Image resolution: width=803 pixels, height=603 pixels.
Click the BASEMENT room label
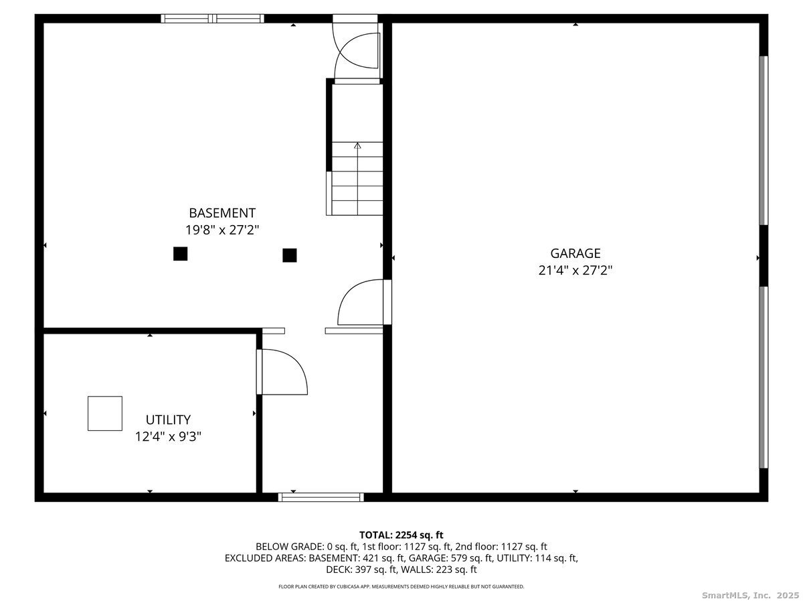[221, 213]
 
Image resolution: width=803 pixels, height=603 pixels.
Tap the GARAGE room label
[575, 253]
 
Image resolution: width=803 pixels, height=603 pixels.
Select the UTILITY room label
[168, 420]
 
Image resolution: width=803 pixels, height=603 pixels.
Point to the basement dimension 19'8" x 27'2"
[221, 230]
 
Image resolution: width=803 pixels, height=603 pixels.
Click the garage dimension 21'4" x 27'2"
[575, 270]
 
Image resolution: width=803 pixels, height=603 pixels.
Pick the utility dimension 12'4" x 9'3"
[168, 436]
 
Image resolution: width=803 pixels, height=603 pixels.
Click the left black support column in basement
[180, 253]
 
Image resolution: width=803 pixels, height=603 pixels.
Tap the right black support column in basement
[290, 255]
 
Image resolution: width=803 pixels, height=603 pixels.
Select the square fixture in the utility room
[105, 413]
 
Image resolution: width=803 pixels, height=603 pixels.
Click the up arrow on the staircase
[357, 145]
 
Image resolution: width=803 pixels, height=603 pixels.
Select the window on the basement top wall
[213, 19]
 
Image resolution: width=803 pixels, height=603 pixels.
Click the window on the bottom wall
[321, 497]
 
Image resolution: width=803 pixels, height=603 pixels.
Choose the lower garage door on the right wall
[764, 377]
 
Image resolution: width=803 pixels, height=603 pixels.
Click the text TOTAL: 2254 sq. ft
[401, 535]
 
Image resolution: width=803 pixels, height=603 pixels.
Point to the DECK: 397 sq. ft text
[359, 570]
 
